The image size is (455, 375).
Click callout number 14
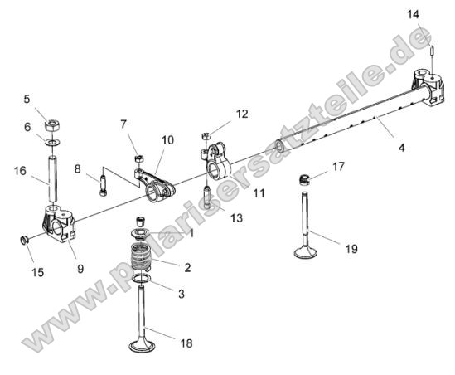(x=414, y=14)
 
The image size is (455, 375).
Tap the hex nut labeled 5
(x=51, y=124)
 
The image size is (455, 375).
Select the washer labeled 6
(x=52, y=143)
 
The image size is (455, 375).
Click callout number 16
(x=20, y=171)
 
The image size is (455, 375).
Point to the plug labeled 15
(x=25, y=241)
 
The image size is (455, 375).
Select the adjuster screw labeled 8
(x=102, y=183)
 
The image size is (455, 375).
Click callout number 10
(x=167, y=141)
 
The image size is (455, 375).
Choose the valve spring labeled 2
(x=143, y=257)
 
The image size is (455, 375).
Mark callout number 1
(x=191, y=234)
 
